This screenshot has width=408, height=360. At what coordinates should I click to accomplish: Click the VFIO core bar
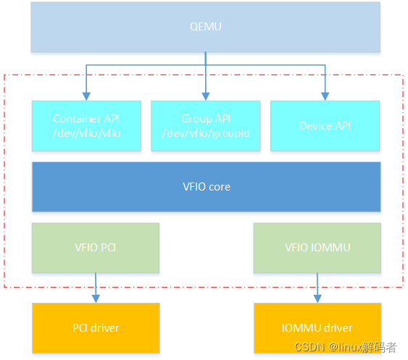click(206, 186)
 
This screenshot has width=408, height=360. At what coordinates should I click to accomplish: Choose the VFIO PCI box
click(95, 248)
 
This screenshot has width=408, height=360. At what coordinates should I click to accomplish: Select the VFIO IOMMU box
click(317, 248)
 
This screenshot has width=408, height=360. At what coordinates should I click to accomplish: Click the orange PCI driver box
click(95, 328)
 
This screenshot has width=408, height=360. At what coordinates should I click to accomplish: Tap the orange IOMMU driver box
click(317, 328)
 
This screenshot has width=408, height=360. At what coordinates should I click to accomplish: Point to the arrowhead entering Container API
click(87, 96)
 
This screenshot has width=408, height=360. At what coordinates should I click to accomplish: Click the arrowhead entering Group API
click(206, 96)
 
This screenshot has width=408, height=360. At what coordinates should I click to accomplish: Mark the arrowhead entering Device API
click(324, 96)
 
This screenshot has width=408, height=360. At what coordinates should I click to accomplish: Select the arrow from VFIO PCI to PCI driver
click(95, 288)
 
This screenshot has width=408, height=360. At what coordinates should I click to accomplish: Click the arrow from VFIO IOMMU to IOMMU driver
click(317, 288)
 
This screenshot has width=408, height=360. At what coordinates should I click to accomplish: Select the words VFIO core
click(206, 186)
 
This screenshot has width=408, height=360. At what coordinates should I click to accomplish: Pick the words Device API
click(325, 126)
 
